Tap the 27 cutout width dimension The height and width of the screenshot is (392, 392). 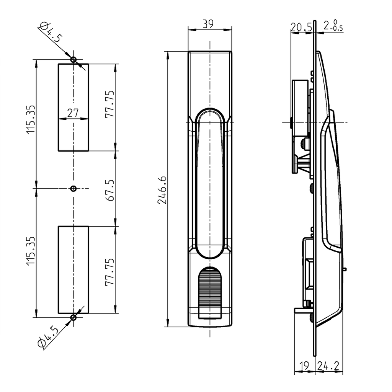73,113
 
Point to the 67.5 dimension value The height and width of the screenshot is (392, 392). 110,189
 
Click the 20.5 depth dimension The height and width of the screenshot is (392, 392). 301,27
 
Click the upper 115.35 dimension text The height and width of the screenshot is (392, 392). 31,119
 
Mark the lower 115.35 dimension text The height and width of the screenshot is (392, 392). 31,251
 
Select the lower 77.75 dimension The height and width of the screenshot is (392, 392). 110,272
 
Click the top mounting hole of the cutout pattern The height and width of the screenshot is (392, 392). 73,59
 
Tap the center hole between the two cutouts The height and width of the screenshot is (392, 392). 73,188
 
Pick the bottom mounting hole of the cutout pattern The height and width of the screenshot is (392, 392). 73,317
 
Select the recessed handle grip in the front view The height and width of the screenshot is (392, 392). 210,184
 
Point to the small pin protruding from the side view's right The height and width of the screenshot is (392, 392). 345,269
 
